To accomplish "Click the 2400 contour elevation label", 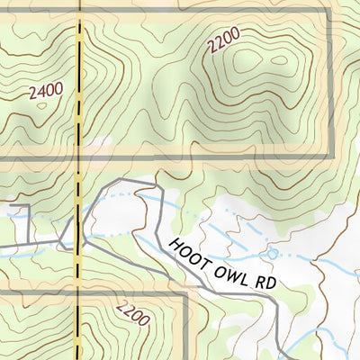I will pyautogui.click(x=46, y=93).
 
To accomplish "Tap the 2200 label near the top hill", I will pyautogui.click(x=223, y=42).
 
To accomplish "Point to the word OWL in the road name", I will pyautogui.click(x=229, y=265).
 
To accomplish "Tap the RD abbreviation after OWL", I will pyautogui.click(x=260, y=280).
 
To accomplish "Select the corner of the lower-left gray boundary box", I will pyautogui.click(x=185, y=293).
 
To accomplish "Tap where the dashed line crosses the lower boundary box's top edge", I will pyautogui.click(x=79, y=293).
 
